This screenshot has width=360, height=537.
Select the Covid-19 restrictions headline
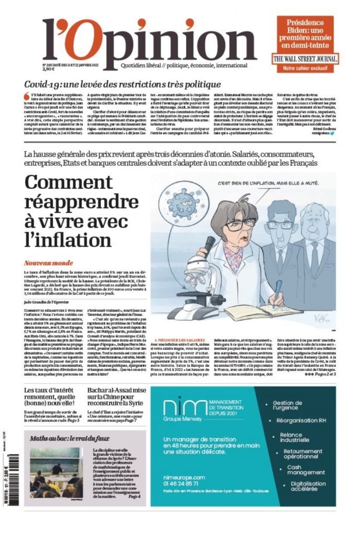click(129, 84)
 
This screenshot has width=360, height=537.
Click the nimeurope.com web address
click(184, 477)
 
